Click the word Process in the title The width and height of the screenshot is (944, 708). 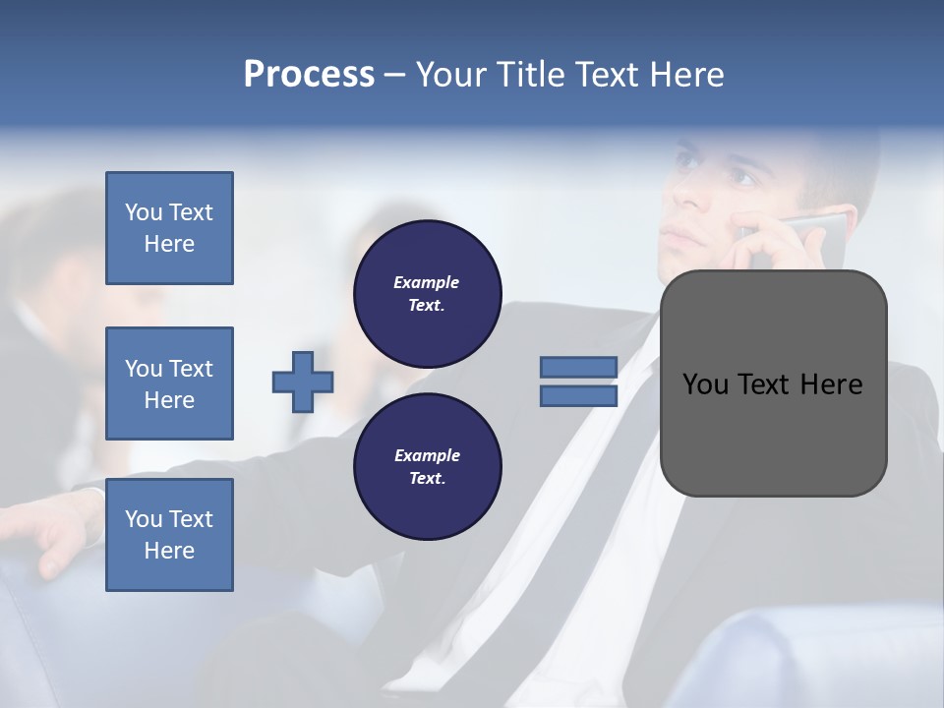point(309,75)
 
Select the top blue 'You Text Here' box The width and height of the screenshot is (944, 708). point(169,228)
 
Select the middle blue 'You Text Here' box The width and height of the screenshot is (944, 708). point(169,383)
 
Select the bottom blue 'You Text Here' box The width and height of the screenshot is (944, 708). point(169,535)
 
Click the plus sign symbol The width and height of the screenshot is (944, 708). point(303,382)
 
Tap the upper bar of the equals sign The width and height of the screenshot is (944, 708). point(578,367)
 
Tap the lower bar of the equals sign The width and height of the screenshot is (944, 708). point(578,396)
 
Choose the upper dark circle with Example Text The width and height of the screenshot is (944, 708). point(427,294)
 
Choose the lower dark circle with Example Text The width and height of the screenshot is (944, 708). point(427,467)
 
